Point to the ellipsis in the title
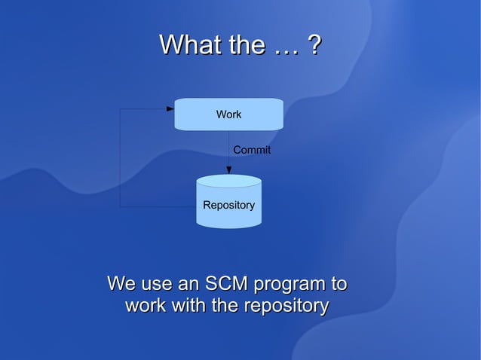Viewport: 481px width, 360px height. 286,50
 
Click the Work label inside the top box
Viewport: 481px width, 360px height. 228,114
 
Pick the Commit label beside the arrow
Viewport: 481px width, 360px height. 252,151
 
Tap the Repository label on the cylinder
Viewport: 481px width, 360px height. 228,206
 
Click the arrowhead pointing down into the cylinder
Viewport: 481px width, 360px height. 229,170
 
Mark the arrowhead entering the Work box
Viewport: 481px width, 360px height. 170,109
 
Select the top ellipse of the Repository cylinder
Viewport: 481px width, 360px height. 228,182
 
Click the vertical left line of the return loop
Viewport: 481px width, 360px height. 120,158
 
